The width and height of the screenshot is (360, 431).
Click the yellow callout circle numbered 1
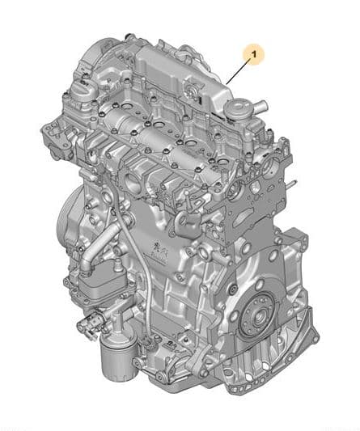point(254,54)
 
